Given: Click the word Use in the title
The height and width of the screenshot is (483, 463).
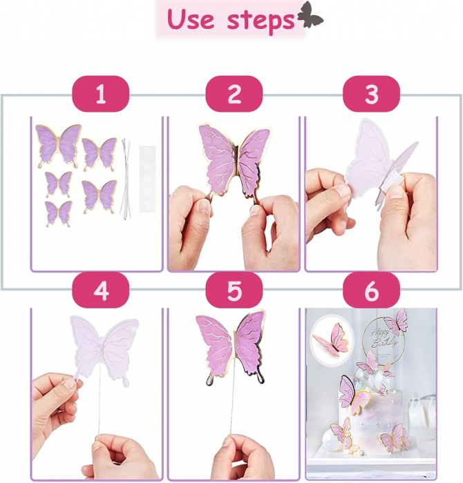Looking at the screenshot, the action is pos(190,19).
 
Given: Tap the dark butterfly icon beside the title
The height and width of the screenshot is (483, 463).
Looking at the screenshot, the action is pos(310,14).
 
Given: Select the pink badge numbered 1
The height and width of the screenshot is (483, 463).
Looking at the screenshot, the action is pos(101,94).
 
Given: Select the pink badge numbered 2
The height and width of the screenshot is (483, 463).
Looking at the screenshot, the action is pos(234,94).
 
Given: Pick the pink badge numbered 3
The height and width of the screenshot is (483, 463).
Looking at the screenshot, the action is pos(371,94).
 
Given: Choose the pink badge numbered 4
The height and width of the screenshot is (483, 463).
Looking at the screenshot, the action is pos(101,290).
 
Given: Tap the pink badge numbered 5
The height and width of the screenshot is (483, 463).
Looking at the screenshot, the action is pos(234,290).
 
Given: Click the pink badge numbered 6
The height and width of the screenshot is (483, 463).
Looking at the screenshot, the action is pos(371,290).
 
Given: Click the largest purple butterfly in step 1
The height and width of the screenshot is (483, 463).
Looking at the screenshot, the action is pos(58,145).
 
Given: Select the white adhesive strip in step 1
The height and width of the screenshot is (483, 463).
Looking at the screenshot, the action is pos(147,179).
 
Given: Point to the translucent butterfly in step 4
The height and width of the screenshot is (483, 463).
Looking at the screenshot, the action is pos(103,349).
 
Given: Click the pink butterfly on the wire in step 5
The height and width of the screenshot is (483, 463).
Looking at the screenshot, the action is pos(232,346).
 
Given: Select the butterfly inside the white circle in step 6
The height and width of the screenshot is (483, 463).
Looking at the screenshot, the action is pos(330,339).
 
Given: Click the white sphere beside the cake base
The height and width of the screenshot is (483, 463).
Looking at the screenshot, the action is pos(332,440).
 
